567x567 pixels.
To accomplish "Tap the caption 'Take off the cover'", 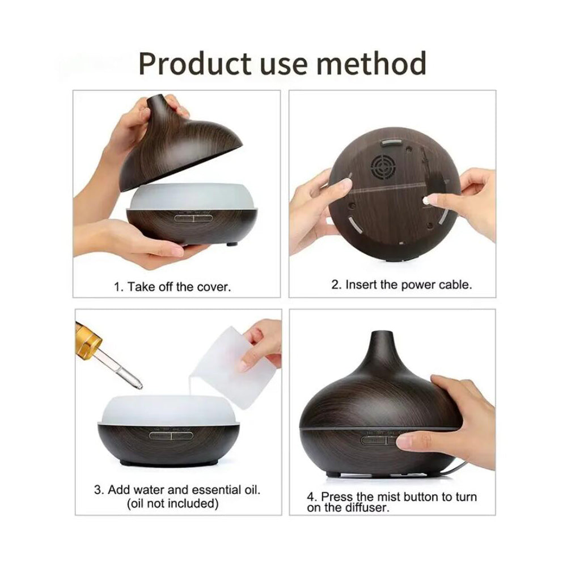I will point(172,286).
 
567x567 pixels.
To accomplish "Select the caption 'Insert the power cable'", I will point(401,285).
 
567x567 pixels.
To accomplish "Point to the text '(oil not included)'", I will point(172,503).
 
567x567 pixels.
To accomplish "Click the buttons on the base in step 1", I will point(193,216).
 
